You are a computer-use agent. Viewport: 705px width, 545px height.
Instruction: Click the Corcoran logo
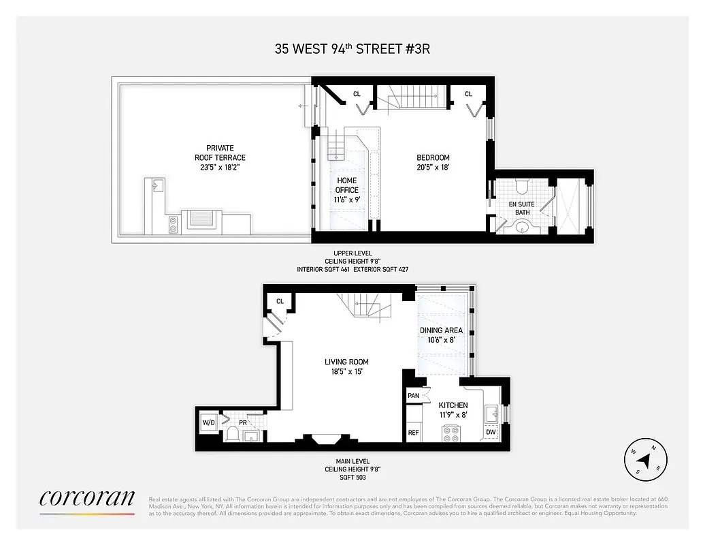(86, 497)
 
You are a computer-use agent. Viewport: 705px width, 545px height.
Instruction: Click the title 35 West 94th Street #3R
(352, 48)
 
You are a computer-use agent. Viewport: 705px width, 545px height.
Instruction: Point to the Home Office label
(347, 185)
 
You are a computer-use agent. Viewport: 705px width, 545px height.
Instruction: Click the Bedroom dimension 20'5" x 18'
(433, 167)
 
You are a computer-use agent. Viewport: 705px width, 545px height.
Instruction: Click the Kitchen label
(453, 405)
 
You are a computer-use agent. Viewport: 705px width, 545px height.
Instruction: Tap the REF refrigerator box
(413, 432)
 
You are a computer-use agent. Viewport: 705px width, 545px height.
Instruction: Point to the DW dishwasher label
(491, 432)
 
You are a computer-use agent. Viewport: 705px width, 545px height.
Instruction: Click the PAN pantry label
(413, 396)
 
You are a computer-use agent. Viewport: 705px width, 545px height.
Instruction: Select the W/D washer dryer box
(208, 423)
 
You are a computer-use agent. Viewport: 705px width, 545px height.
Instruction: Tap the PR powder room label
(242, 422)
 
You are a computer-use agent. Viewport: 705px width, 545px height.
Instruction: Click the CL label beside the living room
(280, 301)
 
